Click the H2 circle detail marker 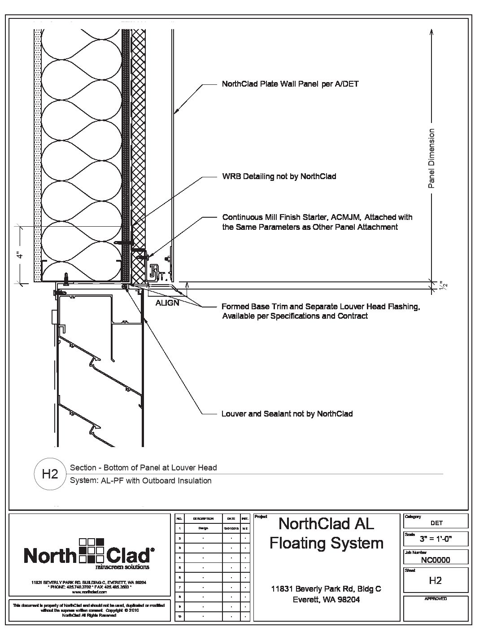click(49, 474)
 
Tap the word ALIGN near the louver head click(167, 303)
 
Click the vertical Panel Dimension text click(431, 158)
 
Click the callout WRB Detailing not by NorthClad click(279, 176)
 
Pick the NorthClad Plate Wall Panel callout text click(290, 84)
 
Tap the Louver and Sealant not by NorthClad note click(287, 414)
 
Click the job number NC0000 click(436, 560)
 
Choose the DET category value click(436, 523)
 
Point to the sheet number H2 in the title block click(436, 580)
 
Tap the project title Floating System click(326, 543)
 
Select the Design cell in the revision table click(203, 528)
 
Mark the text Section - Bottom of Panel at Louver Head click(144, 468)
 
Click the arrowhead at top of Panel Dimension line click(431, 32)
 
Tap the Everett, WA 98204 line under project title click(326, 600)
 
